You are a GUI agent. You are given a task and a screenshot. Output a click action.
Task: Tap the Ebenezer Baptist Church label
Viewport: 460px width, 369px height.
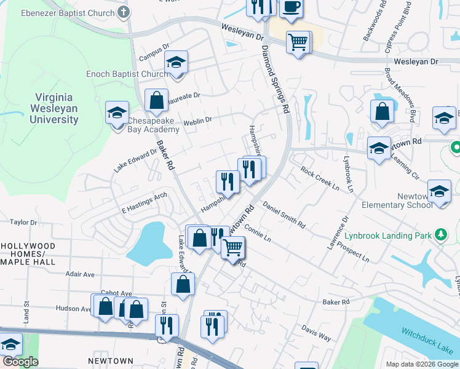pyautogui.click(x=68, y=12)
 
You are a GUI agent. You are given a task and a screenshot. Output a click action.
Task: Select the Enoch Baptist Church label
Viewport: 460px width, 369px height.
pyautogui.click(x=128, y=74)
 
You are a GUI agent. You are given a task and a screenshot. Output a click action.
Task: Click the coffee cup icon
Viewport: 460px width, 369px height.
pyautogui.click(x=291, y=7)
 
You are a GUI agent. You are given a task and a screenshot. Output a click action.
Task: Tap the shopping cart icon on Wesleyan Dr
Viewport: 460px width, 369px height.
pyautogui.click(x=298, y=42)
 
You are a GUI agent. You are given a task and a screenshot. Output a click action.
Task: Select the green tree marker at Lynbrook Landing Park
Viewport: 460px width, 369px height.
pyautogui.click(x=440, y=234)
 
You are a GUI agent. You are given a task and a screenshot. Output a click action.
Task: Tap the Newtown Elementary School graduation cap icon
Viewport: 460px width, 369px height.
pyautogui.click(x=439, y=191)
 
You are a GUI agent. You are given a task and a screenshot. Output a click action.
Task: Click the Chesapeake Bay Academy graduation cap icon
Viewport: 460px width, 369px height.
pyautogui.click(x=117, y=113)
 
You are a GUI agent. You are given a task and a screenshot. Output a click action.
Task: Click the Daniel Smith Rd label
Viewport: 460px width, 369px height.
pyautogui.click(x=284, y=215)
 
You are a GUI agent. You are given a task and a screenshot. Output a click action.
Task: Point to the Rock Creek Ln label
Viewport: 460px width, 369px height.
pyautogui.click(x=320, y=177)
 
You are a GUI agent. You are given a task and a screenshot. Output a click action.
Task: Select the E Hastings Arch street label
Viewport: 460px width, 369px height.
pyautogui.click(x=144, y=202)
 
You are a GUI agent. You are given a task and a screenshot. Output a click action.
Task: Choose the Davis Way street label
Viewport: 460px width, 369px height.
pyautogui.click(x=316, y=334)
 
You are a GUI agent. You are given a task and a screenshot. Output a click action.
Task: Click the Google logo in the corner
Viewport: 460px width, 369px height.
pyautogui.click(x=20, y=362)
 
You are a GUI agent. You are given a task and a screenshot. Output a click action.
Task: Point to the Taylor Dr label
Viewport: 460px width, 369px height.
pyautogui.click(x=23, y=222)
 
